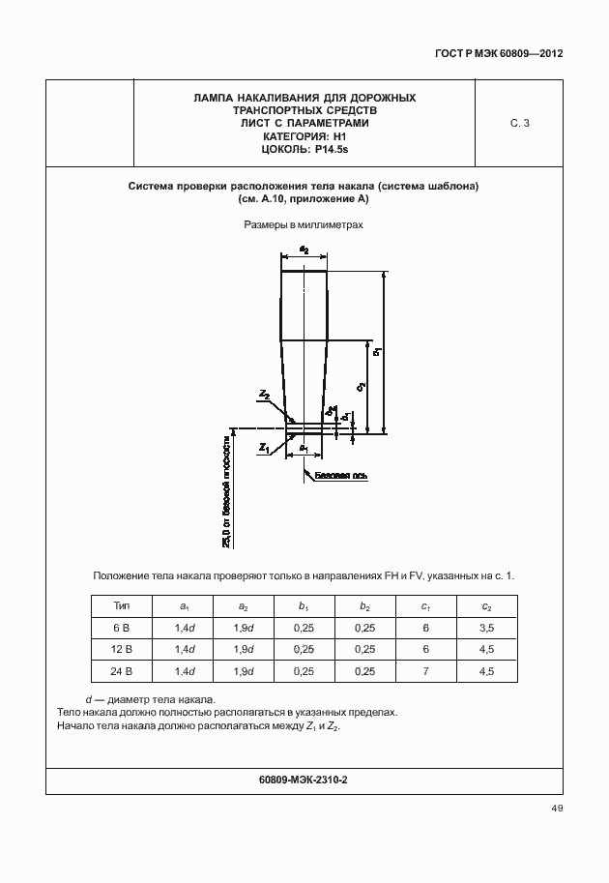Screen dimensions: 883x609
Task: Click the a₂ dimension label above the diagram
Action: (x=304, y=250)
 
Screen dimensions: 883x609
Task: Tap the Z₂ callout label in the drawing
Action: (x=264, y=395)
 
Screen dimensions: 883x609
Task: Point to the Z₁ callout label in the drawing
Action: (x=263, y=448)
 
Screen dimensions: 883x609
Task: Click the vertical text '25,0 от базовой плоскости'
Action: (x=227, y=492)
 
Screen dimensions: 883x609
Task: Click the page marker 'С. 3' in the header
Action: (x=519, y=123)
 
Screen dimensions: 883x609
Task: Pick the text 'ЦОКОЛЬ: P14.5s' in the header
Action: (x=304, y=150)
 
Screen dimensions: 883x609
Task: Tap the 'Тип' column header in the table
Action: (x=122, y=606)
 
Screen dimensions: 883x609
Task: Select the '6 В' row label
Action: (x=122, y=628)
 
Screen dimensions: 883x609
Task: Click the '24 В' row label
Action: (x=122, y=671)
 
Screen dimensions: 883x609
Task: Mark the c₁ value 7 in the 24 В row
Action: (x=425, y=671)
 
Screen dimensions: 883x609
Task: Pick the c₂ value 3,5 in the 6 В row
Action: (x=486, y=628)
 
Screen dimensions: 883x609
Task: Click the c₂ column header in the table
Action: (x=486, y=606)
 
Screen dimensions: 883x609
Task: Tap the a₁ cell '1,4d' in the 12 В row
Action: (x=184, y=649)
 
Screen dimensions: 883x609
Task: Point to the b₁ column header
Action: (x=304, y=606)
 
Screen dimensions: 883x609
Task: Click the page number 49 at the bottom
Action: (x=556, y=809)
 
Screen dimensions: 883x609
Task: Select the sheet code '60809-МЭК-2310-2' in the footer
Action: (x=304, y=779)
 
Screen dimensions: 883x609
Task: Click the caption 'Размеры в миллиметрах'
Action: (x=304, y=225)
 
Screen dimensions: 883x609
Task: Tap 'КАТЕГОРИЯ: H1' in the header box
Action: (x=304, y=136)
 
